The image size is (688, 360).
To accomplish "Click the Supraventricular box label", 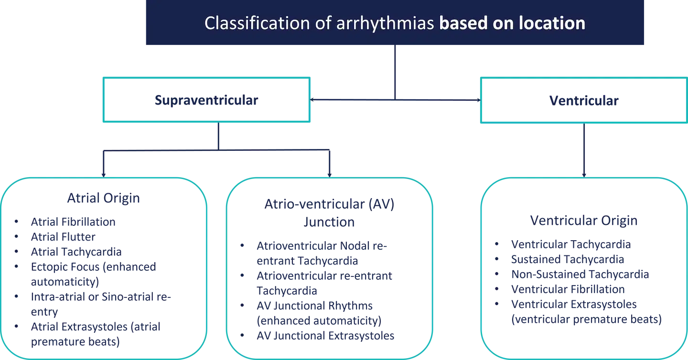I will pyautogui.click(x=206, y=101).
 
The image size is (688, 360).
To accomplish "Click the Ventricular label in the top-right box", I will pyautogui.click(x=584, y=101).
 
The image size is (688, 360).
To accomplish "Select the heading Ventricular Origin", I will pyautogui.click(x=583, y=221).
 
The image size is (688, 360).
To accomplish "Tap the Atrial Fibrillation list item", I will pyautogui.click(x=74, y=222).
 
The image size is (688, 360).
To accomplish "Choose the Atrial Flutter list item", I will pyautogui.click(x=64, y=237).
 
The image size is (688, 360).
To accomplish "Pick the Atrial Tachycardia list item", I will pyautogui.click(x=76, y=252).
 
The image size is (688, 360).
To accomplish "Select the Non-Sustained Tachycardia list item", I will pyautogui.click(x=579, y=275).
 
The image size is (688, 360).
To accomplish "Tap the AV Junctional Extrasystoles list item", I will pyautogui.click(x=326, y=336).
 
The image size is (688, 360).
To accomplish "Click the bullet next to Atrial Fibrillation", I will pyautogui.click(x=16, y=222).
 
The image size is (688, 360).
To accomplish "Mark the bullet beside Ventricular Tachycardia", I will pyautogui.click(x=497, y=245).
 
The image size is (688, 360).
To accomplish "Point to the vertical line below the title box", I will pyautogui.click(x=394, y=72).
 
